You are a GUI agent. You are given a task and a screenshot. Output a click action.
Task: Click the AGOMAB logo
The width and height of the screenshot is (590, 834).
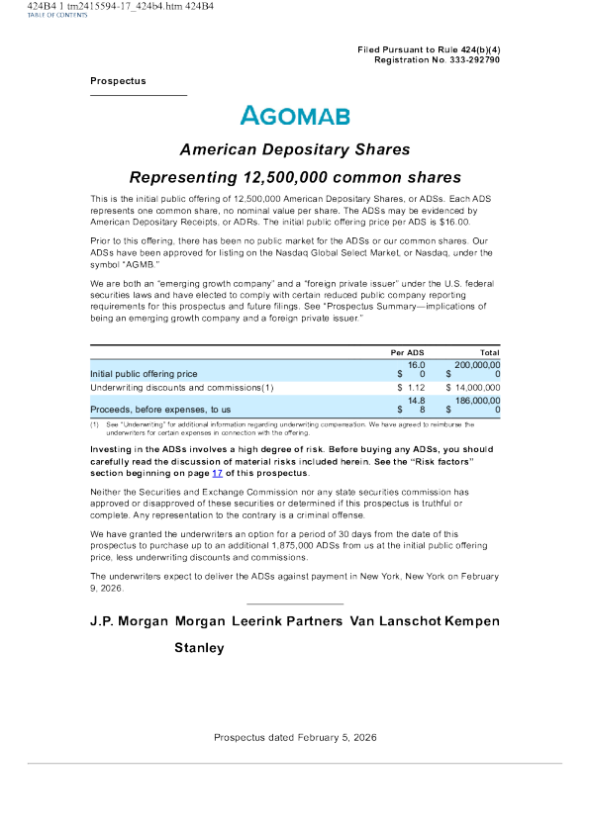click(x=295, y=116)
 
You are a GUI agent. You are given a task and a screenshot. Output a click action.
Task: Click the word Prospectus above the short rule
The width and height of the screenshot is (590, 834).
click(x=118, y=81)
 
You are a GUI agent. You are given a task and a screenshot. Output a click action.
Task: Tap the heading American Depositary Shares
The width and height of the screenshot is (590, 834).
click(x=295, y=149)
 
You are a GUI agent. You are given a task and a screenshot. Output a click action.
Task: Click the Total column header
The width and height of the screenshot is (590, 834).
click(x=489, y=353)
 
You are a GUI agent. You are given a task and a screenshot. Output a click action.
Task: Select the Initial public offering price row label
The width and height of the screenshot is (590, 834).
click(x=144, y=374)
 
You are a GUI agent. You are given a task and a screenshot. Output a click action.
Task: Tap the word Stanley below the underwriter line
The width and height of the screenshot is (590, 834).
click(x=199, y=649)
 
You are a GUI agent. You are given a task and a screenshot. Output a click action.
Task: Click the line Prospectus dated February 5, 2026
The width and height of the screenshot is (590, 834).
click(x=295, y=737)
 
